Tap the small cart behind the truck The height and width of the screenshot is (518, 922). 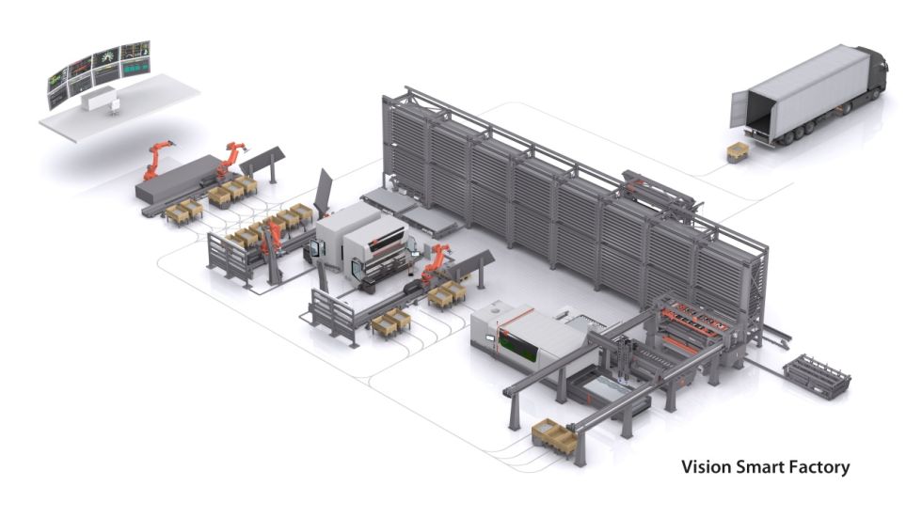pos(739,152)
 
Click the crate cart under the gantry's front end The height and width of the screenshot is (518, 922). pos(555,437)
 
